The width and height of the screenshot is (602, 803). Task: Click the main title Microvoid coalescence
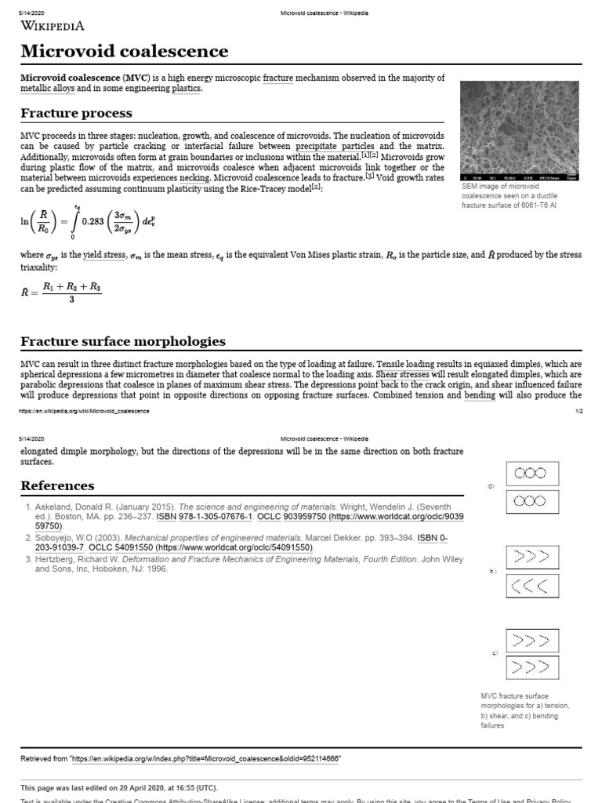[125, 52]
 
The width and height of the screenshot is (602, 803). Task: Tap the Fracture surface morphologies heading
[122, 341]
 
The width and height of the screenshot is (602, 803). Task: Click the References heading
[57, 485]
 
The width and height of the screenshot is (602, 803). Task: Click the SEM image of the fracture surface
[520, 129]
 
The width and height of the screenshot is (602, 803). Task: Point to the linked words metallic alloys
[45, 89]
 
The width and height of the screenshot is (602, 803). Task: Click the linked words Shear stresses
[402, 375]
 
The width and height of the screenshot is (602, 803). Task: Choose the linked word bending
[479, 395]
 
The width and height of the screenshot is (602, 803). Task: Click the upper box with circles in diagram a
[535, 474]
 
